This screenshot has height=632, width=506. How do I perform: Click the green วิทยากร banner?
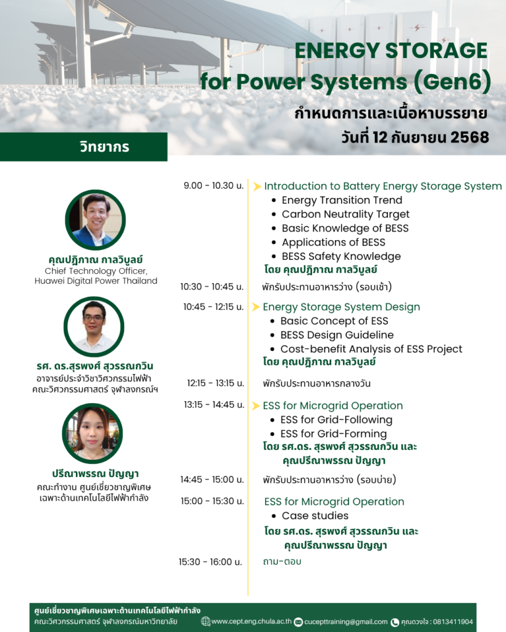pyautogui.click(x=83, y=147)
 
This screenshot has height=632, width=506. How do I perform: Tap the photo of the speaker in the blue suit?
pyautogui.click(x=96, y=220)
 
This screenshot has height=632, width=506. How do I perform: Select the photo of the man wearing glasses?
pyautogui.click(x=94, y=327)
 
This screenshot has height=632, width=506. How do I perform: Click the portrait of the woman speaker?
pyautogui.click(x=93, y=433)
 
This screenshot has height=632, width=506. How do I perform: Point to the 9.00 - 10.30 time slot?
pyautogui.click(x=213, y=185)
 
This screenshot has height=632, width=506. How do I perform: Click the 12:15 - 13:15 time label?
pyautogui.click(x=216, y=383)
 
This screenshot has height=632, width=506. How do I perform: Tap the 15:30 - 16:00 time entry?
pyautogui.click(x=210, y=562)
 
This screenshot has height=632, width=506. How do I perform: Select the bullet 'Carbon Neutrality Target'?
pyautogui.click(x=345, y=214)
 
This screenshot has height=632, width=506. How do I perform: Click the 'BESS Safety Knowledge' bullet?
pyautogui.click(x=341, y=256)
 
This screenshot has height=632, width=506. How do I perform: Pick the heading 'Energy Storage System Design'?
pyautogui.click(x=342, y=307)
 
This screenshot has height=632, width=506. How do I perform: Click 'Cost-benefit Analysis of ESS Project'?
pyautogui.click(x=371, y=349)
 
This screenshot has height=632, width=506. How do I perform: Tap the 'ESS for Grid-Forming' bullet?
pyautogui.click(x=333, y=434)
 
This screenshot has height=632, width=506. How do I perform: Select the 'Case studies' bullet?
pyautogui.click(x=314, y=515)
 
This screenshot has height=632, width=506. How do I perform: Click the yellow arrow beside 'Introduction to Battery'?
pyautogui.click(x=257, y=186)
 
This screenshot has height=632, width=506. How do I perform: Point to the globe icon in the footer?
pyautogui.click(x=206, y=622)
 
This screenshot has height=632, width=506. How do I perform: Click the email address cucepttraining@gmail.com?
pyautogui.click(x=346, y=622)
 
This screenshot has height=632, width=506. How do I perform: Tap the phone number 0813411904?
pyautogui.click(x=453, y=622)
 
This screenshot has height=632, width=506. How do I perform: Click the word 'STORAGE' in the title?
pyautogui.click(x=436, y=51)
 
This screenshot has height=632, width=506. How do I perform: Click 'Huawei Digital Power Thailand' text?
pyautogui.click(x=96, y=281)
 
